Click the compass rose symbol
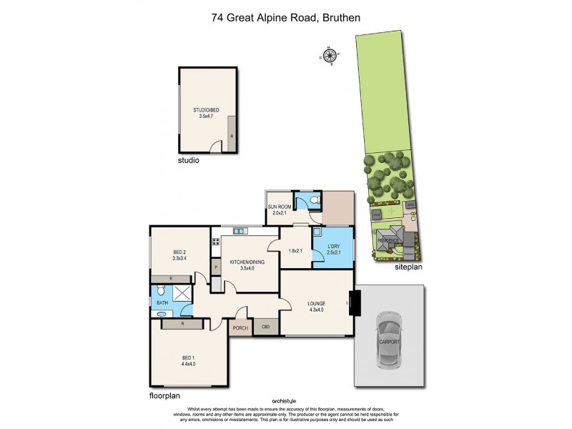330,55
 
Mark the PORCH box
240,327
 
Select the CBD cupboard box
266,327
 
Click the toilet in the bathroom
161,291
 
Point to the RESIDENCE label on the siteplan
387,240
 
